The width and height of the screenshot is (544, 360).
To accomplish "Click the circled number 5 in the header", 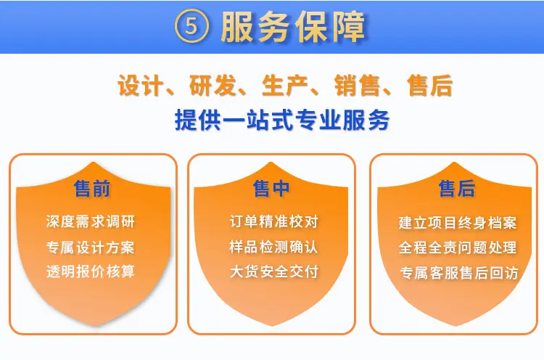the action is click(x=191, y=26).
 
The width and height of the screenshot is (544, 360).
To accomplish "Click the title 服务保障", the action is click(x=293, y=27).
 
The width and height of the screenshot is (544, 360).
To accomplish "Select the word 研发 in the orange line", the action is click(x=213, y=86).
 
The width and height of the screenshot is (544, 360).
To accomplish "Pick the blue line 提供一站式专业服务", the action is click(x=282, y=120).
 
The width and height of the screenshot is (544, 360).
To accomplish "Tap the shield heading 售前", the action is click(x=92, y=189).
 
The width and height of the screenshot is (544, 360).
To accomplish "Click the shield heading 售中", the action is click(x=271, y=189).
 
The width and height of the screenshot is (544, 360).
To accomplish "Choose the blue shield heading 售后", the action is click(x=457, y=189).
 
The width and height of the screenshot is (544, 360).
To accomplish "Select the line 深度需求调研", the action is click(x=90, y=222).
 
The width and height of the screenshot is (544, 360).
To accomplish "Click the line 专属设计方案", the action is click(x=90, y=247).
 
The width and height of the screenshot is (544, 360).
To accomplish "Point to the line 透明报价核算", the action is click(x=90, y=271).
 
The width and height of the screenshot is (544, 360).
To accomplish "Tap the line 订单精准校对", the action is click(x=273, y=222).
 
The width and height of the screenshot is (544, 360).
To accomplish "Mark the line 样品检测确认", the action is click(x=273, y=247).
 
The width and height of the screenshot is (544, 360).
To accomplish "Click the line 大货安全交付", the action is click(x=273, y=271).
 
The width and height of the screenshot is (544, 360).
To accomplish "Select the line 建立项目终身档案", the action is click(x=458, y=223).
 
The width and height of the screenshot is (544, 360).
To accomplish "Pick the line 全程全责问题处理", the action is click(x=458, y=248).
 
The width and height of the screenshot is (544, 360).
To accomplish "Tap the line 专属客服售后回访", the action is click(x=458, y=273).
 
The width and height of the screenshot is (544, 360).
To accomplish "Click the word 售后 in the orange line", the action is click(x=430, y=86).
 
